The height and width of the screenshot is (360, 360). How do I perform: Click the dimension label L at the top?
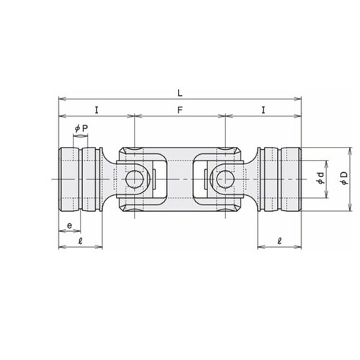point(180,93)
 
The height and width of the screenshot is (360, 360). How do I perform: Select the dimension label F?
point(180,110)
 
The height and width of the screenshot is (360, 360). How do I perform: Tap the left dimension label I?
point(96,110)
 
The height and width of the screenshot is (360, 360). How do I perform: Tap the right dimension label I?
point(264,110)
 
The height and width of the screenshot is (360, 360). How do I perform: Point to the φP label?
point(81,129)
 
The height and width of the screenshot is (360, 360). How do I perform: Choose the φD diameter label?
point(344,179)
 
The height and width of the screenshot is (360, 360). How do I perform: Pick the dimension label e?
point(69,225)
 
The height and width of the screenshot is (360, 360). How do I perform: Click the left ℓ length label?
point(81,240)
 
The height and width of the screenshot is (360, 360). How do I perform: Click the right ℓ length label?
point(279,240)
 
